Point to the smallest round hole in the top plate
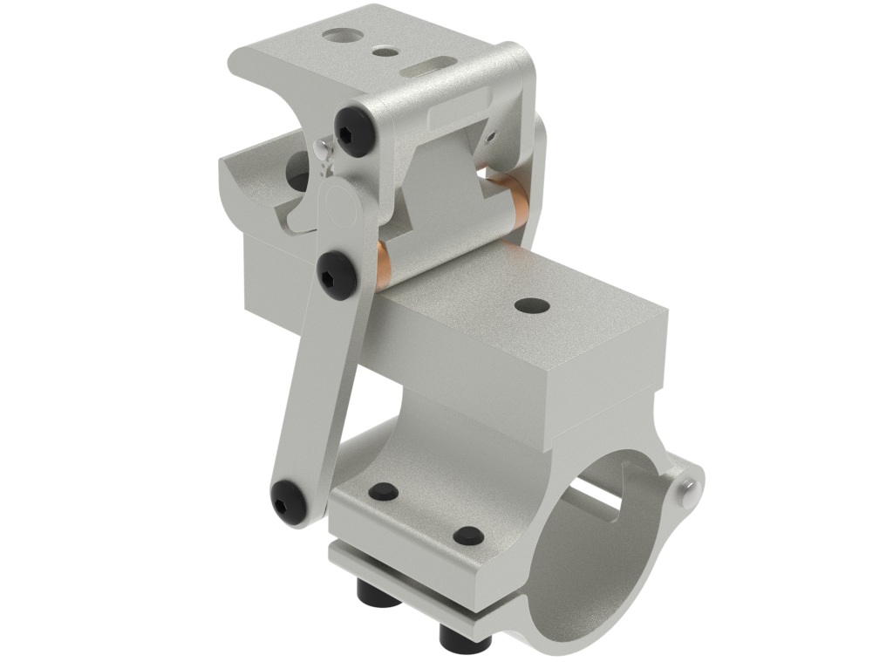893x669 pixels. click(382, 52)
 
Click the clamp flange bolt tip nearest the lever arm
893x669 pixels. click(383, 492)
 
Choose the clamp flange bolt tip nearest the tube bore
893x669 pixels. click(467, 535)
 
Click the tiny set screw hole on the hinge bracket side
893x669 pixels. click(491, 136)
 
